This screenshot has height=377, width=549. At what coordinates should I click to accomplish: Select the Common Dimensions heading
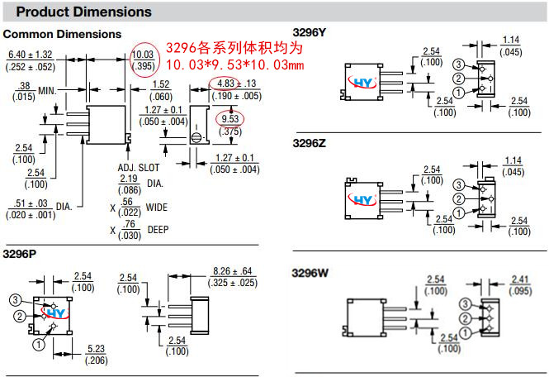click(x=62, y=35)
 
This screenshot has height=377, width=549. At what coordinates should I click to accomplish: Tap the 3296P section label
click(x=20, y=253)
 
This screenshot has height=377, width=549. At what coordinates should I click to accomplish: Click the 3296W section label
click(x=310, y=272)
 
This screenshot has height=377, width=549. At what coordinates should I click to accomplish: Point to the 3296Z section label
click(x=310, y=143)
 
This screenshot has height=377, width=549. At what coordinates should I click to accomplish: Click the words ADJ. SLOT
click(x=136, y=167)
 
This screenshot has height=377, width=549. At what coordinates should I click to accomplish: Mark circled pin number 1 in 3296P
click(x=36, y=341)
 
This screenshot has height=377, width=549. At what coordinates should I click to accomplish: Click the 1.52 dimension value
click(x=160, y=84)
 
